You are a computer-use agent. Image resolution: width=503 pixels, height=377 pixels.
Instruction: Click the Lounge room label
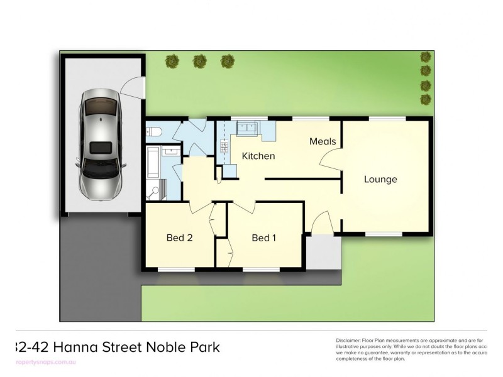[x=380, y=180]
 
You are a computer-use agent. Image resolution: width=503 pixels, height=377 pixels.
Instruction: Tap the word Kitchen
[x=258, y=156]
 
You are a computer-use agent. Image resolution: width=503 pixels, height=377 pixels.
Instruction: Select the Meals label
[x=323, y=141]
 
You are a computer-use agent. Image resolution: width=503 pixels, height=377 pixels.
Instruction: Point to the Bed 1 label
[x=263, y=238]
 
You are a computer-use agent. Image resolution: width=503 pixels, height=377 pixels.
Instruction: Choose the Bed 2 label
[x=179, y=238]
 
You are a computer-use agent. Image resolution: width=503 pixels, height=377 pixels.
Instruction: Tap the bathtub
[x=153, y=162]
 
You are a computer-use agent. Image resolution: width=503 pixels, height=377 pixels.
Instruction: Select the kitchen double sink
[x=245, y=128]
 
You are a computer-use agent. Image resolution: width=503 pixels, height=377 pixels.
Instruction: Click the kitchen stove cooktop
[x=223, y=148]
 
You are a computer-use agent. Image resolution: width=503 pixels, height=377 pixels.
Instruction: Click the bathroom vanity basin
[x=170, y=153]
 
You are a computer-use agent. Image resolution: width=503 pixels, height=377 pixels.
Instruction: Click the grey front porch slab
[x=324, y=252]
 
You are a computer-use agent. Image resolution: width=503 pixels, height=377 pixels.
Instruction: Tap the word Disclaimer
[x=350, y=340]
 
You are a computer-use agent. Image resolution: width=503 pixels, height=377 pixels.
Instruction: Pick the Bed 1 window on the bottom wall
[x=261, y=270]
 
